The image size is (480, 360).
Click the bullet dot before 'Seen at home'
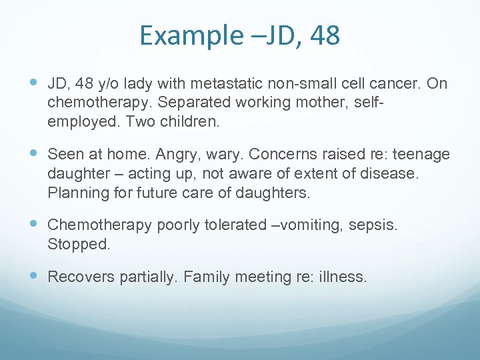[x=34, y=154]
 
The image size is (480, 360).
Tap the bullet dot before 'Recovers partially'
[x=34, y=276]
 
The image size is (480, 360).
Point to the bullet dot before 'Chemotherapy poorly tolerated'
[x=34, y=224]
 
